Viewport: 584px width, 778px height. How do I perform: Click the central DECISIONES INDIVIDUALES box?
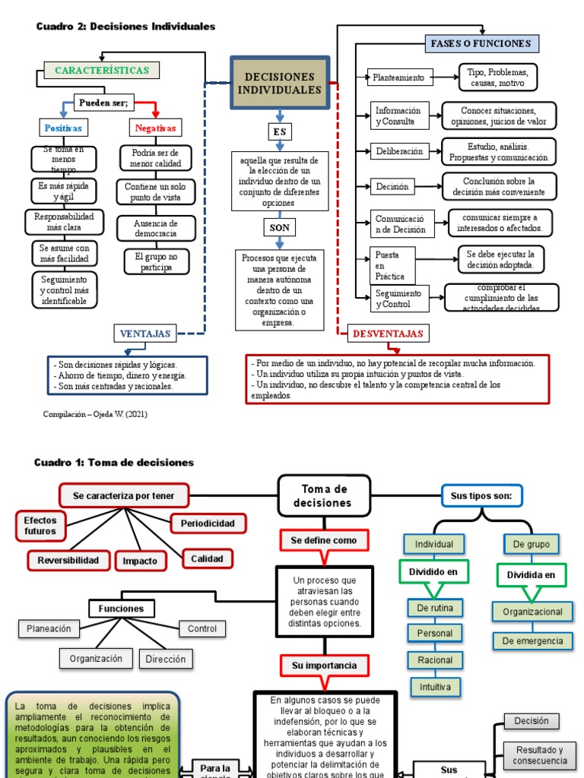(280, 84)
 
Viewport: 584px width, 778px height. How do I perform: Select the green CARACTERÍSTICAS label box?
(102, 71)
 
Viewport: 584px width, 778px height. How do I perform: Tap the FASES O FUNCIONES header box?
(481, 43)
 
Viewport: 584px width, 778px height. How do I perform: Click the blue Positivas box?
(63, 128)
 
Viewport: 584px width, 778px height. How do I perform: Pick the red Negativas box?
(156, 128)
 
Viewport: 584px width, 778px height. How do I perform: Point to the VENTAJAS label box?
(146, 333)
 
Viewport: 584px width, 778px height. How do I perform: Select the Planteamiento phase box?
(401, 77)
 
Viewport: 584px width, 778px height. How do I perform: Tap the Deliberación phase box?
(400, 151)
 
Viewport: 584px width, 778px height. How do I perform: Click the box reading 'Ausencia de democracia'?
(156, 229)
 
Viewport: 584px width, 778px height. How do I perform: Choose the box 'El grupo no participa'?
(156, 262)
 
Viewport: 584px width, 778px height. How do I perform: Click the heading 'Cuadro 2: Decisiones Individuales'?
(125, 27)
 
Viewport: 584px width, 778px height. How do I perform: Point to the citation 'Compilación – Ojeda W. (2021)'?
(96, 414)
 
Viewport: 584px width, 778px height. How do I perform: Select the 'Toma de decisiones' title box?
(325, 495)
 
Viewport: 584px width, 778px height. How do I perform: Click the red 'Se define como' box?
(323, 540)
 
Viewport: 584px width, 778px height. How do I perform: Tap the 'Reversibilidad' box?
(68, 561)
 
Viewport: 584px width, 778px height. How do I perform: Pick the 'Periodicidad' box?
(208, 523)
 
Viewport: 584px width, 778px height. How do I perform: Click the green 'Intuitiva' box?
(435, 687)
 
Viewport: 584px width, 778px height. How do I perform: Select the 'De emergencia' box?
(533, 640)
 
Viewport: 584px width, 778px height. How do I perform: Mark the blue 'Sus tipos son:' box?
(481, 496)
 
